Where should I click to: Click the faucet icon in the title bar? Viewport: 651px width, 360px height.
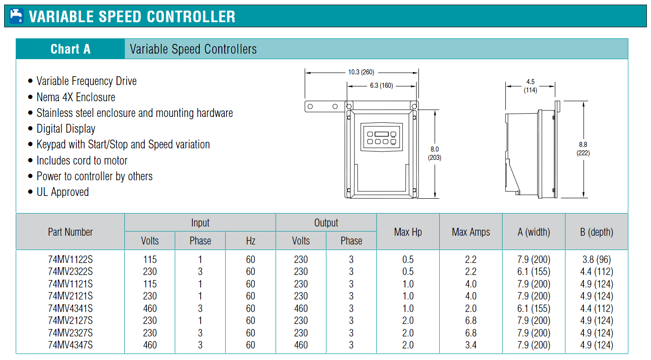16,16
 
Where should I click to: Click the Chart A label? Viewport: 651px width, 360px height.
71,49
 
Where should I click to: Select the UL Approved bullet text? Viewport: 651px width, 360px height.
62,192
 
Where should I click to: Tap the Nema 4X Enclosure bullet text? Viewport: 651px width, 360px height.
75,97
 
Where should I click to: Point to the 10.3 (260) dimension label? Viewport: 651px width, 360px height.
361,72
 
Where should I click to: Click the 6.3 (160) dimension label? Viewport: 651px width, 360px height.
381,85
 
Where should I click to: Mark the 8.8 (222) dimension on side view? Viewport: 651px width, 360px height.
583,149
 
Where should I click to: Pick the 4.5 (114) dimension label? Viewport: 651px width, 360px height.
530,86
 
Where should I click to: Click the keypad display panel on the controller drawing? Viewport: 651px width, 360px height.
381,137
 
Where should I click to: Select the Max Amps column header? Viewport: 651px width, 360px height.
471,232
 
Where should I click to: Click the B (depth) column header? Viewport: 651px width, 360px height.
596,232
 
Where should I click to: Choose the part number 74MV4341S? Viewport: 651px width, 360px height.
70,308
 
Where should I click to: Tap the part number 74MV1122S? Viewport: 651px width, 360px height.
70,259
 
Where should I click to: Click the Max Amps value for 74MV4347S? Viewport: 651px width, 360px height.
471,345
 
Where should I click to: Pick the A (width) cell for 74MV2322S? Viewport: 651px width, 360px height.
534,271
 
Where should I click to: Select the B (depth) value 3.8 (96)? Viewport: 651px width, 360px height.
596,259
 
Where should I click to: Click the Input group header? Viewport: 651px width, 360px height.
200,223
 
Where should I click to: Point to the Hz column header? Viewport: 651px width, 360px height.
251,241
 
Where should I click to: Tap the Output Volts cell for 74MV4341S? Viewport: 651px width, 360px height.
301,308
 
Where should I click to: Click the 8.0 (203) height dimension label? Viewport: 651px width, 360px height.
435,153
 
